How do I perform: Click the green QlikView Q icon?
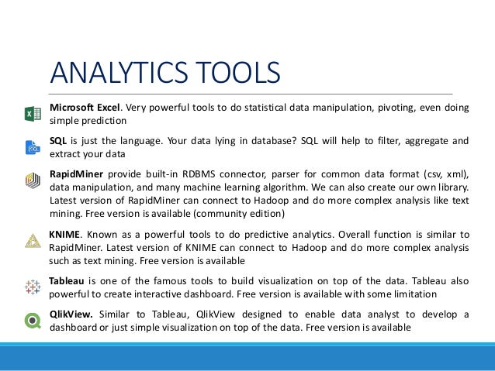tap(33, 319)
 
